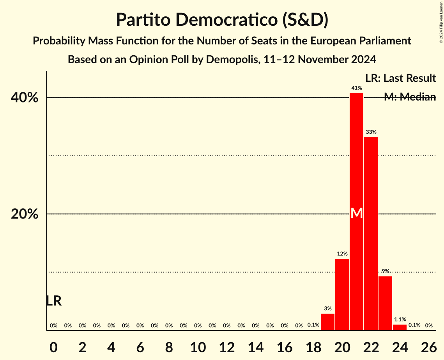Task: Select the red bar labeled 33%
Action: tap(371, 234)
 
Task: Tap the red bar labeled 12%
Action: tap(342, 295)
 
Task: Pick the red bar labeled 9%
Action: tap(385, 303)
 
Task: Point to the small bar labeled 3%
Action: tap(327, 322)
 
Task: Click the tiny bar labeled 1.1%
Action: tap(400, 327)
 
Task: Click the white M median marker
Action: tap(357, 213)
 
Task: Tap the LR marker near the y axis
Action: tap(53, 301)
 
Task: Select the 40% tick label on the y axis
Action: tap(25, 97)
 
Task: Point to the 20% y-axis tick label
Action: tap(25, 214)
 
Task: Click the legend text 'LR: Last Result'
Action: tap(400, 78)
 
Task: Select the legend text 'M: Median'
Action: tap(410, 97)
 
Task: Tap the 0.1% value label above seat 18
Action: tap(313, 325)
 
